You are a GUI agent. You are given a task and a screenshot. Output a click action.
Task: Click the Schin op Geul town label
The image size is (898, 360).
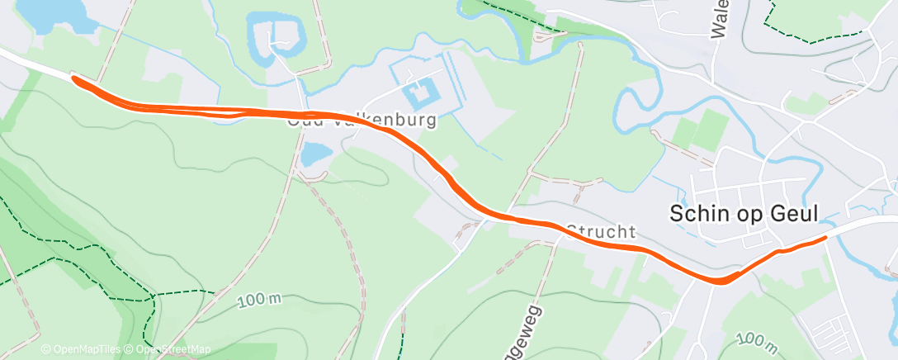tap(743, 214)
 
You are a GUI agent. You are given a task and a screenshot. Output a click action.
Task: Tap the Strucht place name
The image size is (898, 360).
tap(601, 231)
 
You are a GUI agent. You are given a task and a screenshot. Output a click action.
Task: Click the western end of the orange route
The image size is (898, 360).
tap(75, 78)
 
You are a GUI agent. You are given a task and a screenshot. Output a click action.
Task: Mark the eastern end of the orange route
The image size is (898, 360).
tap(824, 238)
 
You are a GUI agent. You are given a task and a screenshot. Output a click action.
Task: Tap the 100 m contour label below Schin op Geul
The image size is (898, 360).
tap(757, 340)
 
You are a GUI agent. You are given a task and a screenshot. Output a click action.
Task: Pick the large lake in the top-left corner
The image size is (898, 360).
tap(53, 12)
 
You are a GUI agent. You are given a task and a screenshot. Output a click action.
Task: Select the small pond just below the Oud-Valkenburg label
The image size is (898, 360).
tap(314, 153)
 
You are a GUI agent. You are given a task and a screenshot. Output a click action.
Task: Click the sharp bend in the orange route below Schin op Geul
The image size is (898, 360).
tap(721, 281)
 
